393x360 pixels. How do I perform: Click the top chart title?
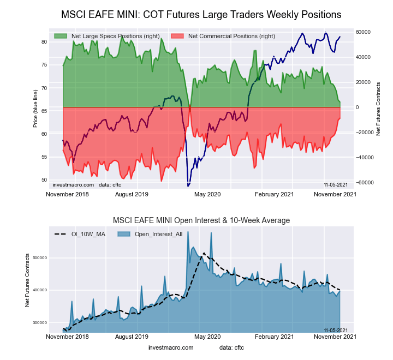(x=201, y=14)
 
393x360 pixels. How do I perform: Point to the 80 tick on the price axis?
(x=44, y=41)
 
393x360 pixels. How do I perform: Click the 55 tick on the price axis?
(x=44, y=157)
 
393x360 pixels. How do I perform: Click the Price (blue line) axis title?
(x=35, y=110)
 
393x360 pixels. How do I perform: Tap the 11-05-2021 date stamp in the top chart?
(x=336, y=185)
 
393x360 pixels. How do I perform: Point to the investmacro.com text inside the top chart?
(x=73, y=185)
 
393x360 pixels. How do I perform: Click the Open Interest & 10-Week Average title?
(x=201, y=220)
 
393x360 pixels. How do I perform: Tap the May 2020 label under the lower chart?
(x=207, y=337)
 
